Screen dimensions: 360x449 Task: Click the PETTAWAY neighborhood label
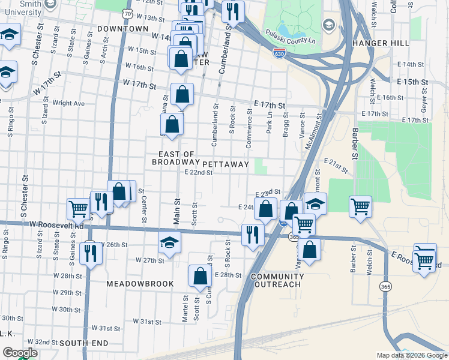[x=226, y=164]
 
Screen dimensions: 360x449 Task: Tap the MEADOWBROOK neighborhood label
[x=140, y=283]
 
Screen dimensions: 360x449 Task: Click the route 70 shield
[x=126, y=13]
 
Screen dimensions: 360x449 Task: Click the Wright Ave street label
[x=68, y=103]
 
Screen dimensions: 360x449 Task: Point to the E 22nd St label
[x=199, y=173]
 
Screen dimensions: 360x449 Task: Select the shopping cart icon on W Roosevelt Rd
[x=78, y=209]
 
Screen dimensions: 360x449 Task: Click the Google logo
[x=20, y=353]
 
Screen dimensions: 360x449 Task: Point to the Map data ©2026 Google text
[x=412, y=355]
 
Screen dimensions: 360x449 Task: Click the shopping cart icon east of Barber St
[x=360, y=206]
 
